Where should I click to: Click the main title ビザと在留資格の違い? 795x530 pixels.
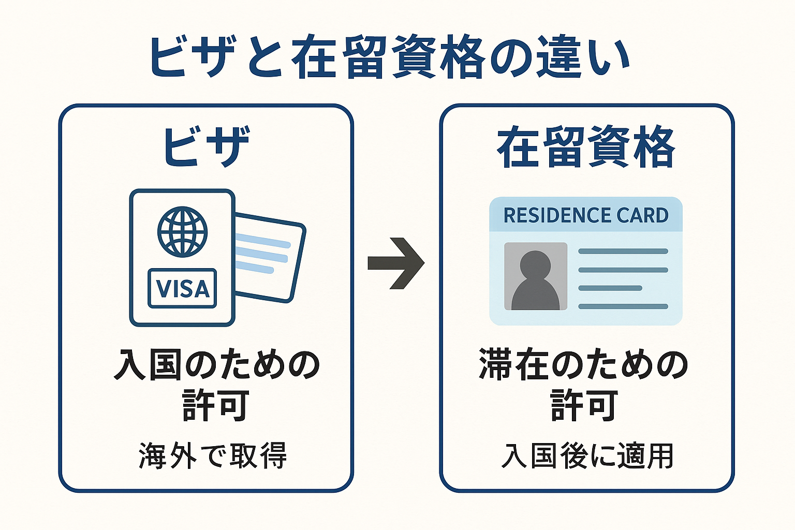point(389,57)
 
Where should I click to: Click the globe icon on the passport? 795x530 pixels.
point(183,232)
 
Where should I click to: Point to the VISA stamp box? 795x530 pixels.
point(182,288)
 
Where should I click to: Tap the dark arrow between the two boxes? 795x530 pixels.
point(396,263)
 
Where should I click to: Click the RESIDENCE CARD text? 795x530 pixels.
point(586,215)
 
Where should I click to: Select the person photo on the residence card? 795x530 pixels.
point(536,276)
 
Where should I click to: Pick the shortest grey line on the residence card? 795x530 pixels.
point(610,288)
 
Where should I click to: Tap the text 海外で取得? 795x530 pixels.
point(213,456)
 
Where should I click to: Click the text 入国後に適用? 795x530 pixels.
point(587,456)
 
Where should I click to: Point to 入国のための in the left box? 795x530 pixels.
point(217,365)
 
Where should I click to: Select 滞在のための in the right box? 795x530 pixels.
point(584,365)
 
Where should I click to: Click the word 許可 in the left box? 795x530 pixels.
point(216,405)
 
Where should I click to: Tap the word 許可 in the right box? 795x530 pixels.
point(584,405)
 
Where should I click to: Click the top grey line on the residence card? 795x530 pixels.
point(623,252)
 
